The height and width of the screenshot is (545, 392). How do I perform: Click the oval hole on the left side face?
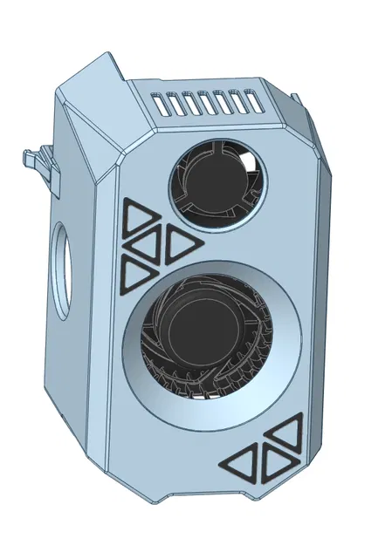tap(62, 269)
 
